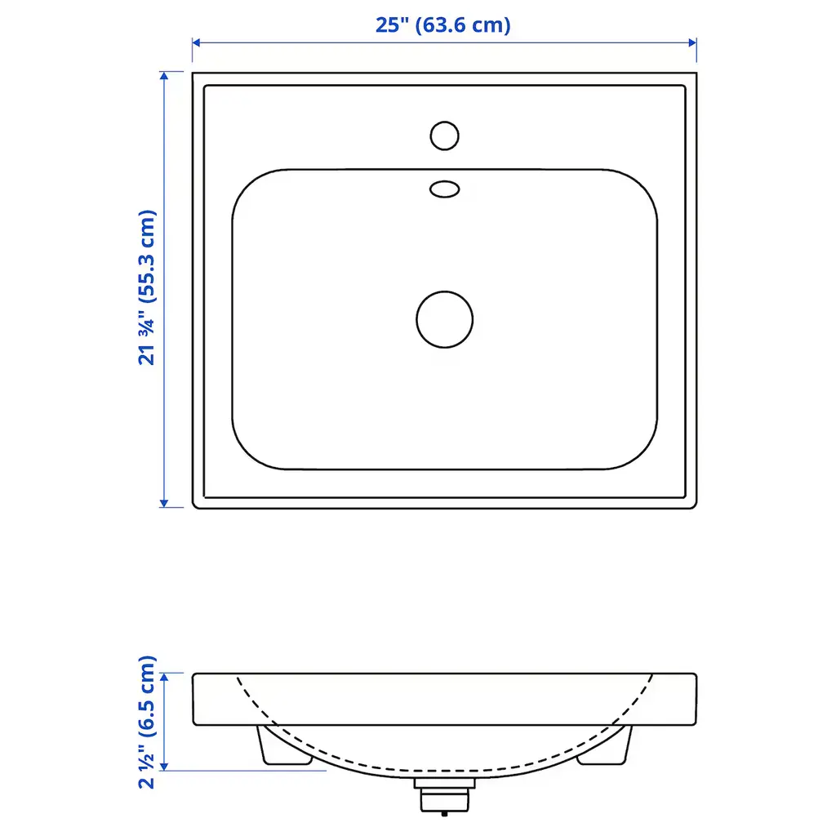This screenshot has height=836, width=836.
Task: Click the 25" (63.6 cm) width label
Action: click(442, 25)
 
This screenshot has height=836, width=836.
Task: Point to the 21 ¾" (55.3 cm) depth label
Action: click(147, 288)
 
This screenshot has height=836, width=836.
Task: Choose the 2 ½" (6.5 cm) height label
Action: click(147, 722)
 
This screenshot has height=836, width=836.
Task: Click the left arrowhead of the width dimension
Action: click(196, 42)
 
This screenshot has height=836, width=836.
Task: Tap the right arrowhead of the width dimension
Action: click(692, 42)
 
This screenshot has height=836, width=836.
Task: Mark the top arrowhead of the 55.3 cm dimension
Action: click(164, 76)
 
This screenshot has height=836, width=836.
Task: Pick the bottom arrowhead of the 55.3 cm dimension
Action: click(164, 503)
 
